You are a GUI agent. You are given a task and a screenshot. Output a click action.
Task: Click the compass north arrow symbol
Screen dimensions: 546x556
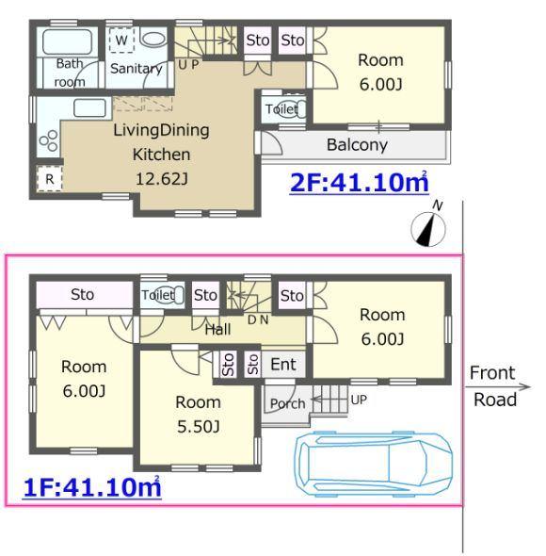(x=428, y=229)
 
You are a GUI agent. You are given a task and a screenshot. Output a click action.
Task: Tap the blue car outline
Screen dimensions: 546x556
(x=374, y=464)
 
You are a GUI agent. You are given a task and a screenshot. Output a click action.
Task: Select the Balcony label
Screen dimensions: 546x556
(x=357, y=145)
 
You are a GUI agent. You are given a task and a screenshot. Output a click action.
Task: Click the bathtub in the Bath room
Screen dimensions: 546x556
(x=68, y=42)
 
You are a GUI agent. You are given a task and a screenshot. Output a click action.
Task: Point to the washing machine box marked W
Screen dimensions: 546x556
(x=121, y=40)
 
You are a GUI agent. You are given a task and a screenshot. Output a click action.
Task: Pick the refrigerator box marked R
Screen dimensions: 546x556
(x=50, y=179)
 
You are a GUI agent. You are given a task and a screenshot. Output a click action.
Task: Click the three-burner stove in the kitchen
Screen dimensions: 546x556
(x=49, y=140)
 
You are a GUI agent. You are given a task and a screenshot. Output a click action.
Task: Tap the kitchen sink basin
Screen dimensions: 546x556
(x=90, y=107)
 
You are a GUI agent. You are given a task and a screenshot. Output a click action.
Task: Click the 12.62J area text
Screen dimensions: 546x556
(x=162, y=179)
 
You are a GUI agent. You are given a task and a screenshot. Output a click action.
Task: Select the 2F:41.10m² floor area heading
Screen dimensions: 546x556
(x=359, y=183)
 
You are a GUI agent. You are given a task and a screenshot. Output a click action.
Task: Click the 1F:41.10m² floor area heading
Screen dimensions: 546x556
(x=92, y=487)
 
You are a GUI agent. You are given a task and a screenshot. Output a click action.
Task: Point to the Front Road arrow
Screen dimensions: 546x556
(x=497, y=387)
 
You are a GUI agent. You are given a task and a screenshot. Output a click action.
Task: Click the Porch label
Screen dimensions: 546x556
(x=287, y=404)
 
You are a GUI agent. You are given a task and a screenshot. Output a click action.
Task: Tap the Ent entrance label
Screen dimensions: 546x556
(x=283, y=365)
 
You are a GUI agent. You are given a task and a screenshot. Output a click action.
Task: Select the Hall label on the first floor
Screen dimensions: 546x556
(x=217, y=330)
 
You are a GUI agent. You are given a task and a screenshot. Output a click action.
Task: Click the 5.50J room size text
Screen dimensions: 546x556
(x=198, y=427)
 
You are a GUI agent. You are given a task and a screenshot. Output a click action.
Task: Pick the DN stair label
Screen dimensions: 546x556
(x=258, y=319)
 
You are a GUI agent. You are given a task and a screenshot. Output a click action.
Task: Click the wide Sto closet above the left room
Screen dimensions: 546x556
(x=85, y=294)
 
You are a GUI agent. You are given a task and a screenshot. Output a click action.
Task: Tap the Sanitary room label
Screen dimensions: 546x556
(x=136, y=69)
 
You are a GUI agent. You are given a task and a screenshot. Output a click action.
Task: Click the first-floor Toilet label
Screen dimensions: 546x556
(x=157, y=295)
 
